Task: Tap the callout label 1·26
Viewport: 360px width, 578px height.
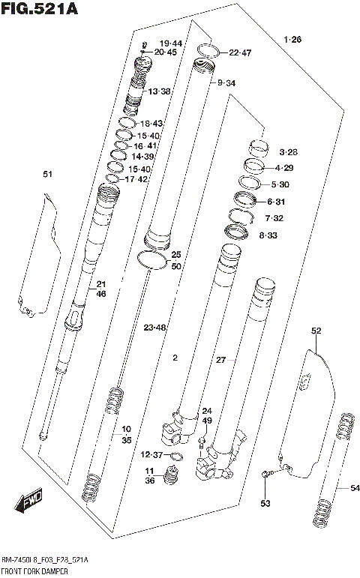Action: [292, 39]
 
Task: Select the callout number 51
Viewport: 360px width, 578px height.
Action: [48, 175]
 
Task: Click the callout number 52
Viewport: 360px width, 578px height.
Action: [316, 331]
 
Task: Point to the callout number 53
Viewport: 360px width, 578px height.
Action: [265, 502]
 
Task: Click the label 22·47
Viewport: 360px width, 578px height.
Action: [240, 52]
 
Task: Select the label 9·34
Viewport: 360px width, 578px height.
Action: [226, 83]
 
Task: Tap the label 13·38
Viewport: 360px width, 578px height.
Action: [160, 91]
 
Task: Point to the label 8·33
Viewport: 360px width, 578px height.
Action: [268, 235]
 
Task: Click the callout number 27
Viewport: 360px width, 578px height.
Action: [221, 361]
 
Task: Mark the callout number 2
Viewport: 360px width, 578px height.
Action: [175, 358]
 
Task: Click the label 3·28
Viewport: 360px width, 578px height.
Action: [289, 152]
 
